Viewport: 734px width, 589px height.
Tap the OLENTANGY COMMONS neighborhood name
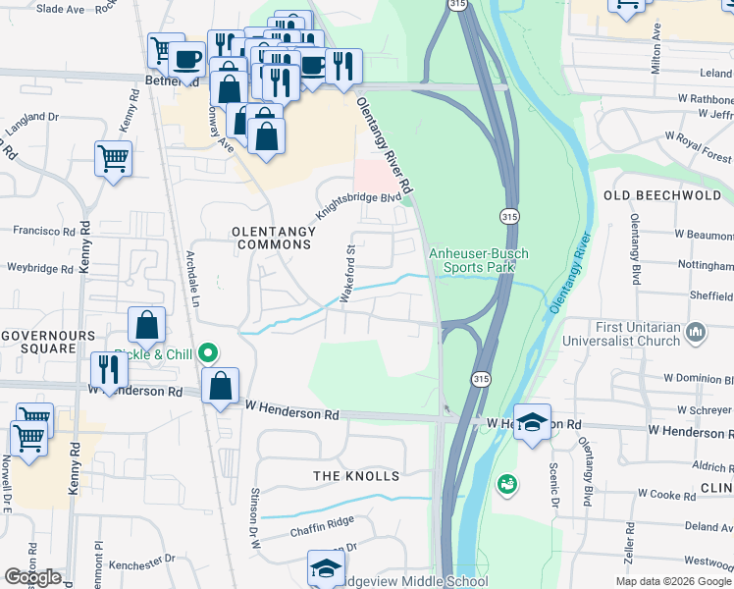[274, 238]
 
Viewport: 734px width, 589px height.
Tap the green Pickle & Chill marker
[207, 352]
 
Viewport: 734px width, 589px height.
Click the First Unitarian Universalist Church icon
[697, 333]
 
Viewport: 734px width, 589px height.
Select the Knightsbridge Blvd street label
[358, 205]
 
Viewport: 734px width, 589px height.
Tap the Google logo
[32, 576]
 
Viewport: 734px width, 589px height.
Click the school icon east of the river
[532, 422]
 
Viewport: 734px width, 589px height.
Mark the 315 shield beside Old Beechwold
[508, 215]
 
